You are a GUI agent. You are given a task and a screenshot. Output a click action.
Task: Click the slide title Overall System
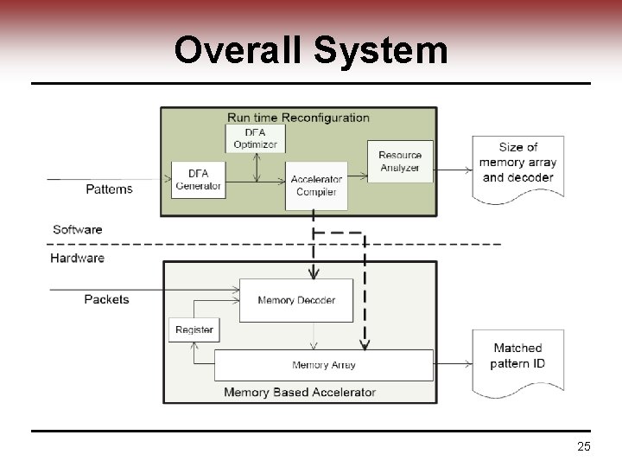click(x=311, y=50)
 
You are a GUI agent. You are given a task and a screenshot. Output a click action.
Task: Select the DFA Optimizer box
click(x=255, y=138)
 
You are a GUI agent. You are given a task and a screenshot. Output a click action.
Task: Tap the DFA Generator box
click(x=199, y=180)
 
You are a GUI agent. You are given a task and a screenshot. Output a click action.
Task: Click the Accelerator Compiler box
click(x=316, y=185)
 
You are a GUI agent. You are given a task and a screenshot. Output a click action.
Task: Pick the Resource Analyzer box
click(x=400, y=162)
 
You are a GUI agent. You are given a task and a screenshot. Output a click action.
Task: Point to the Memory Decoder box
click(x=296, y=300)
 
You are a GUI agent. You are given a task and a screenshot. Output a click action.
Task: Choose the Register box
click(x=194, y=329)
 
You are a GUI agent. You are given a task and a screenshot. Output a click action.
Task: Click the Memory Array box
click(x=323, y=365)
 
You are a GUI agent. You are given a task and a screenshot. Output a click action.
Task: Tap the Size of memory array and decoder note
click(x=517, y=164)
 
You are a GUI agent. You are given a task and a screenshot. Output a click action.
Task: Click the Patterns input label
click(x=110, y=189)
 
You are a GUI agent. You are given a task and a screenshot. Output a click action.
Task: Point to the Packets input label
click(x=106, y=299)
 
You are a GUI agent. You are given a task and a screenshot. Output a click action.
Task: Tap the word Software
click(x=78, y=229)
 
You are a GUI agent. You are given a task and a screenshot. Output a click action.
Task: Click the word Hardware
click(x=78, y=258)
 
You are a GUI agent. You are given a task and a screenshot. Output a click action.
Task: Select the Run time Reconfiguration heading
click(x=298, y=118)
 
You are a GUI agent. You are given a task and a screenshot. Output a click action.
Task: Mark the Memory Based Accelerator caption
click(x=300, y=392)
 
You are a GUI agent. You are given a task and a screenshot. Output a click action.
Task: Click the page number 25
click(x=583, y=446)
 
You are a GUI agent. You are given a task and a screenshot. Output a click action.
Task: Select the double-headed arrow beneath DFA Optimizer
click(x=256, y=167)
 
